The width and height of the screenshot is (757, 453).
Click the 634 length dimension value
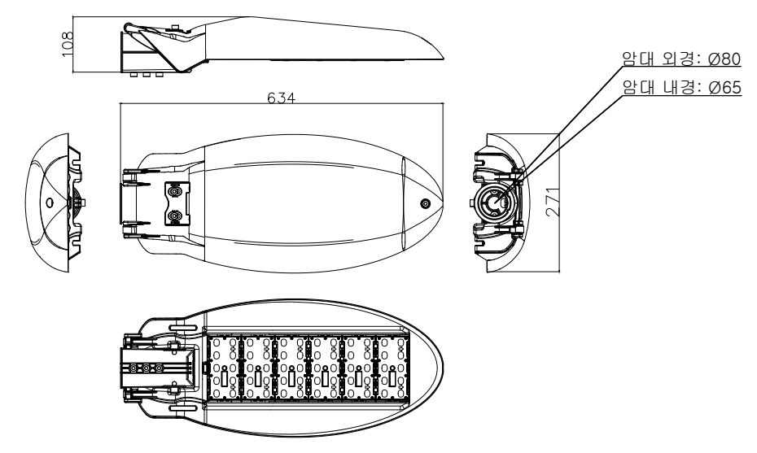pyautogui.click(x=282, y=97)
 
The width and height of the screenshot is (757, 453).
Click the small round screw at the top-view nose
pyautogui.click(x=425, y=203)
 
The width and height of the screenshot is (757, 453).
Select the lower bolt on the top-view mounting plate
pyautogui.click(x=173, y=217)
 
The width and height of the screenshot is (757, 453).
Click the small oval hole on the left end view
pyautogui.click(x=49, y=201)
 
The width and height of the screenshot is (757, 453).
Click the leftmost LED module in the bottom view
pyautogui.click(x=225, y=368)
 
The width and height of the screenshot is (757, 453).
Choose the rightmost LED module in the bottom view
pyautogui.click(x=392, y=368)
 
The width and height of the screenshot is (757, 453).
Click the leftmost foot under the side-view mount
pyautogui.click(x=133, y=73)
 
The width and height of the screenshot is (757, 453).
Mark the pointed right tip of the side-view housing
pyautogui.click(x=444, y=56)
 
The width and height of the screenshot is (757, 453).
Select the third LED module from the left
pyautogui.click(x=292, y=368)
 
